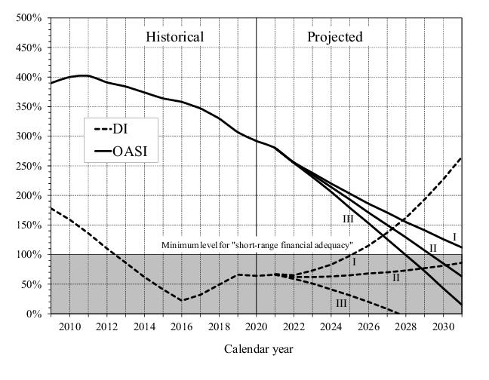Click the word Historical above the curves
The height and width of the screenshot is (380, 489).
[174, 37]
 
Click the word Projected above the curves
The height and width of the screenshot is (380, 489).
[334, 37]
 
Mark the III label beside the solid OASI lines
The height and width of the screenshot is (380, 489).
[348, 219]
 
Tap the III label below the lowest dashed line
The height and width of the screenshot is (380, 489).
[341, 303]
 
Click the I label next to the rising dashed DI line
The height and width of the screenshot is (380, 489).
[353, 262]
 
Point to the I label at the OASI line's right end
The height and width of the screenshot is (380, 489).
[454, 237]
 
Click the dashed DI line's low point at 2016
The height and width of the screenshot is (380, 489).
[182, 300]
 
